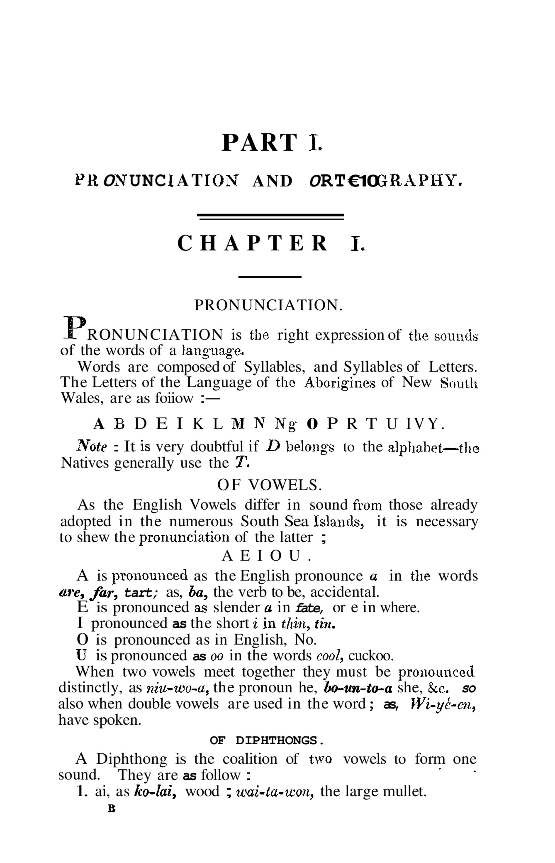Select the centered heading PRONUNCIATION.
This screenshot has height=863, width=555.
click(269, 305)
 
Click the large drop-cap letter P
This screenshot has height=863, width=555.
click(75, 327)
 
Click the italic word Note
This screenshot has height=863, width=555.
click(92, 447)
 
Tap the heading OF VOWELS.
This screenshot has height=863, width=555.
click(269, 485)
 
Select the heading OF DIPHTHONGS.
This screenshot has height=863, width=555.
click(267, 741)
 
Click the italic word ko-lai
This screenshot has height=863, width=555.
click(155, 792)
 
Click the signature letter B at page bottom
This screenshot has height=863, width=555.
click(111, 809)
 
